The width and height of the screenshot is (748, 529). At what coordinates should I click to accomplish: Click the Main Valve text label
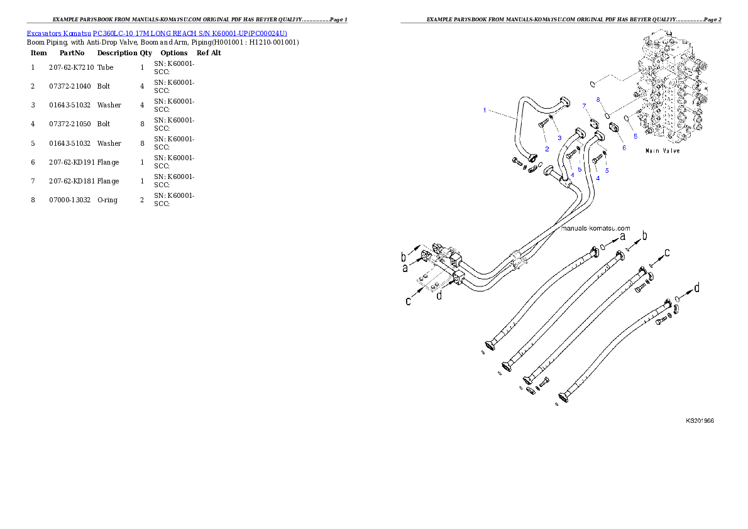click(x=662, y=151)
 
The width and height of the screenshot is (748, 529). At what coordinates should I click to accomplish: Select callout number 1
click(x=485, y=111)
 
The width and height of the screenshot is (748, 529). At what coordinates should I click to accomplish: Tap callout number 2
click(x=547, y=149)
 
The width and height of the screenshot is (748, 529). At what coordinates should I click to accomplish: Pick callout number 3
click(x=559, y=137)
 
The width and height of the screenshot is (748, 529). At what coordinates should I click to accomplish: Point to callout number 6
click(x=624, y=148)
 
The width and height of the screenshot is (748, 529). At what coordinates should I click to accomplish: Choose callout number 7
click(x=584, y=106)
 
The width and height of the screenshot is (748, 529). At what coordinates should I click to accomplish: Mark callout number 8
click(x=598, y=100)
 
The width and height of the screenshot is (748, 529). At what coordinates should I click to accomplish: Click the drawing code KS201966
click(x=699, y=422)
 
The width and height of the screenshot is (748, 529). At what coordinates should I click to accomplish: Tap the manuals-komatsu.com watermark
click(x=594, y=229)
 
